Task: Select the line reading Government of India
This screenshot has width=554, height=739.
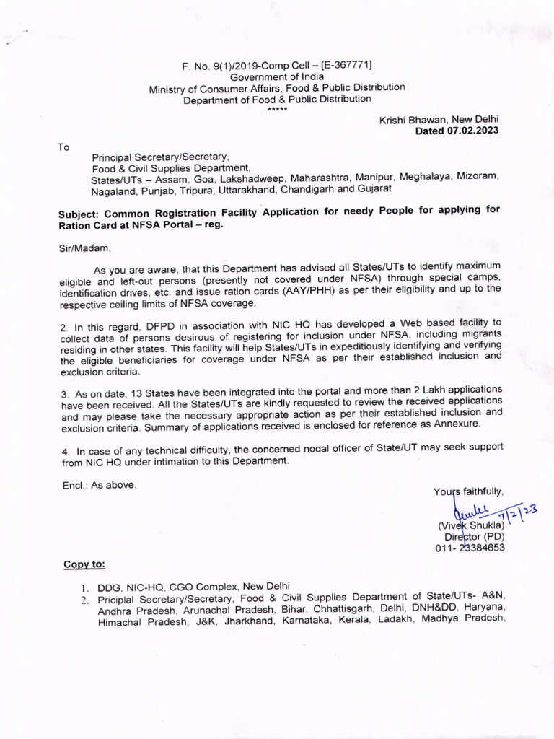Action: point(277,76)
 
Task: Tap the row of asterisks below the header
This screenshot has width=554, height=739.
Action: point(277,109)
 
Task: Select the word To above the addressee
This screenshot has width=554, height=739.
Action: point(63,147)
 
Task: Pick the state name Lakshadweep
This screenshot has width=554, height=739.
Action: point(258,179)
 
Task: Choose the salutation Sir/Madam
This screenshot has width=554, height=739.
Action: point(84,248)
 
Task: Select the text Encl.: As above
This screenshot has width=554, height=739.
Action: point(99,485)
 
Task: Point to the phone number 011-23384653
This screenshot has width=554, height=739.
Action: point(470,548)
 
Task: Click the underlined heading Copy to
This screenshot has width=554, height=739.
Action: point(84,564)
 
